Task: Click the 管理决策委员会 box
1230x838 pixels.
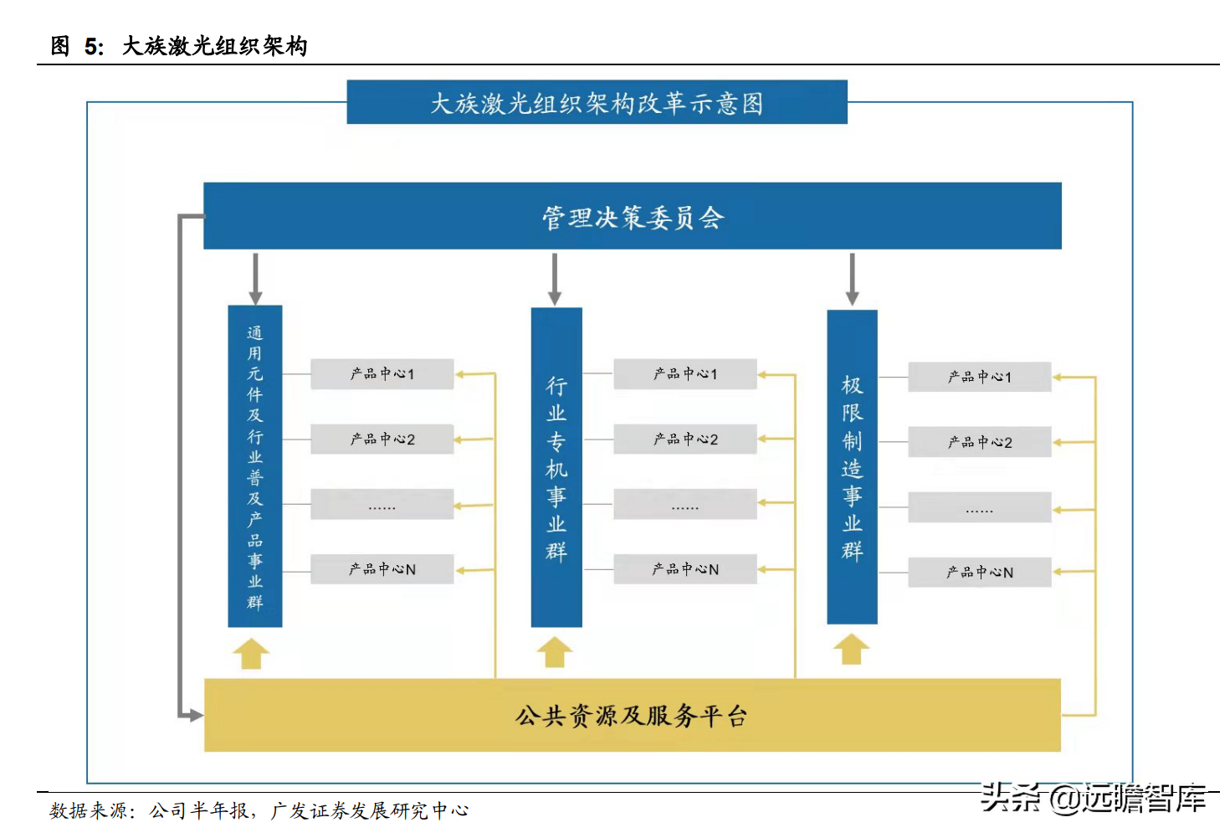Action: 633,216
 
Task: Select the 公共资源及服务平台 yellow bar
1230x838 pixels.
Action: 633,715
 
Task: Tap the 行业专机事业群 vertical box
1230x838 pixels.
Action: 556,467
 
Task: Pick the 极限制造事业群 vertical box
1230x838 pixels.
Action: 852,467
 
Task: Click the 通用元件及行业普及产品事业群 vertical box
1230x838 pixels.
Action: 255,466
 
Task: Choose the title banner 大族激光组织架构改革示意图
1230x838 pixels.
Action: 597,102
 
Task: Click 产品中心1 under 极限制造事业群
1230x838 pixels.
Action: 979,377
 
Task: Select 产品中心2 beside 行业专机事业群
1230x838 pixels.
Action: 685,439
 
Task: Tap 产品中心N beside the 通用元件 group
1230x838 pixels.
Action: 382,569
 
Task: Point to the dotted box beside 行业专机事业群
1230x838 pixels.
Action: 685,505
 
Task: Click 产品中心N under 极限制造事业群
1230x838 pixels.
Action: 979,573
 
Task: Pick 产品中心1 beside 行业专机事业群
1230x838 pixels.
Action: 685,373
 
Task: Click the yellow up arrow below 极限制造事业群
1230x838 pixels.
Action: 851,650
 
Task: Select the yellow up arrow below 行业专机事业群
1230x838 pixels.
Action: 554,653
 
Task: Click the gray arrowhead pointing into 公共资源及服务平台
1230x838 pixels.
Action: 194,715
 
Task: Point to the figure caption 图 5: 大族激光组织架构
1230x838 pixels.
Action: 179,45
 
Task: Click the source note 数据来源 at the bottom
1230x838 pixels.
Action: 259,810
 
